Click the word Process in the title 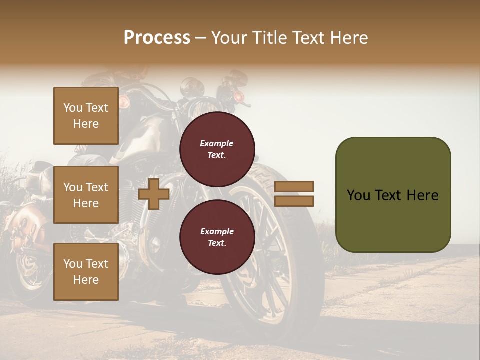157,37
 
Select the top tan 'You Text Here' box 86,116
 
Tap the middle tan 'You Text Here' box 86,195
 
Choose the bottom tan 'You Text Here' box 86,271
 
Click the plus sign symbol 154,194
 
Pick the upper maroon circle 217,149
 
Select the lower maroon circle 217,237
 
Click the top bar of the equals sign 294,186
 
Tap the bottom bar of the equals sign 294,201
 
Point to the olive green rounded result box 393,195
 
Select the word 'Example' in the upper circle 217,143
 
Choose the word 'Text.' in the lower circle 217,243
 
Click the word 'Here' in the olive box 422,195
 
